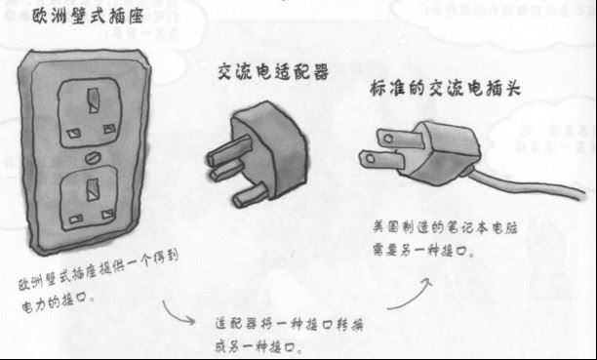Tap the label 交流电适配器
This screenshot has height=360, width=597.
click(x=272, y=72)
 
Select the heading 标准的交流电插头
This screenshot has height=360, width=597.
click(x=445, y=88)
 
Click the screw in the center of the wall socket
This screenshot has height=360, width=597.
click(x=93, y=155)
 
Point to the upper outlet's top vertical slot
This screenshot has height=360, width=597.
click(x=94, y=98)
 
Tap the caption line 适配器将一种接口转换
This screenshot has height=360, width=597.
click(x=292, y=322)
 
